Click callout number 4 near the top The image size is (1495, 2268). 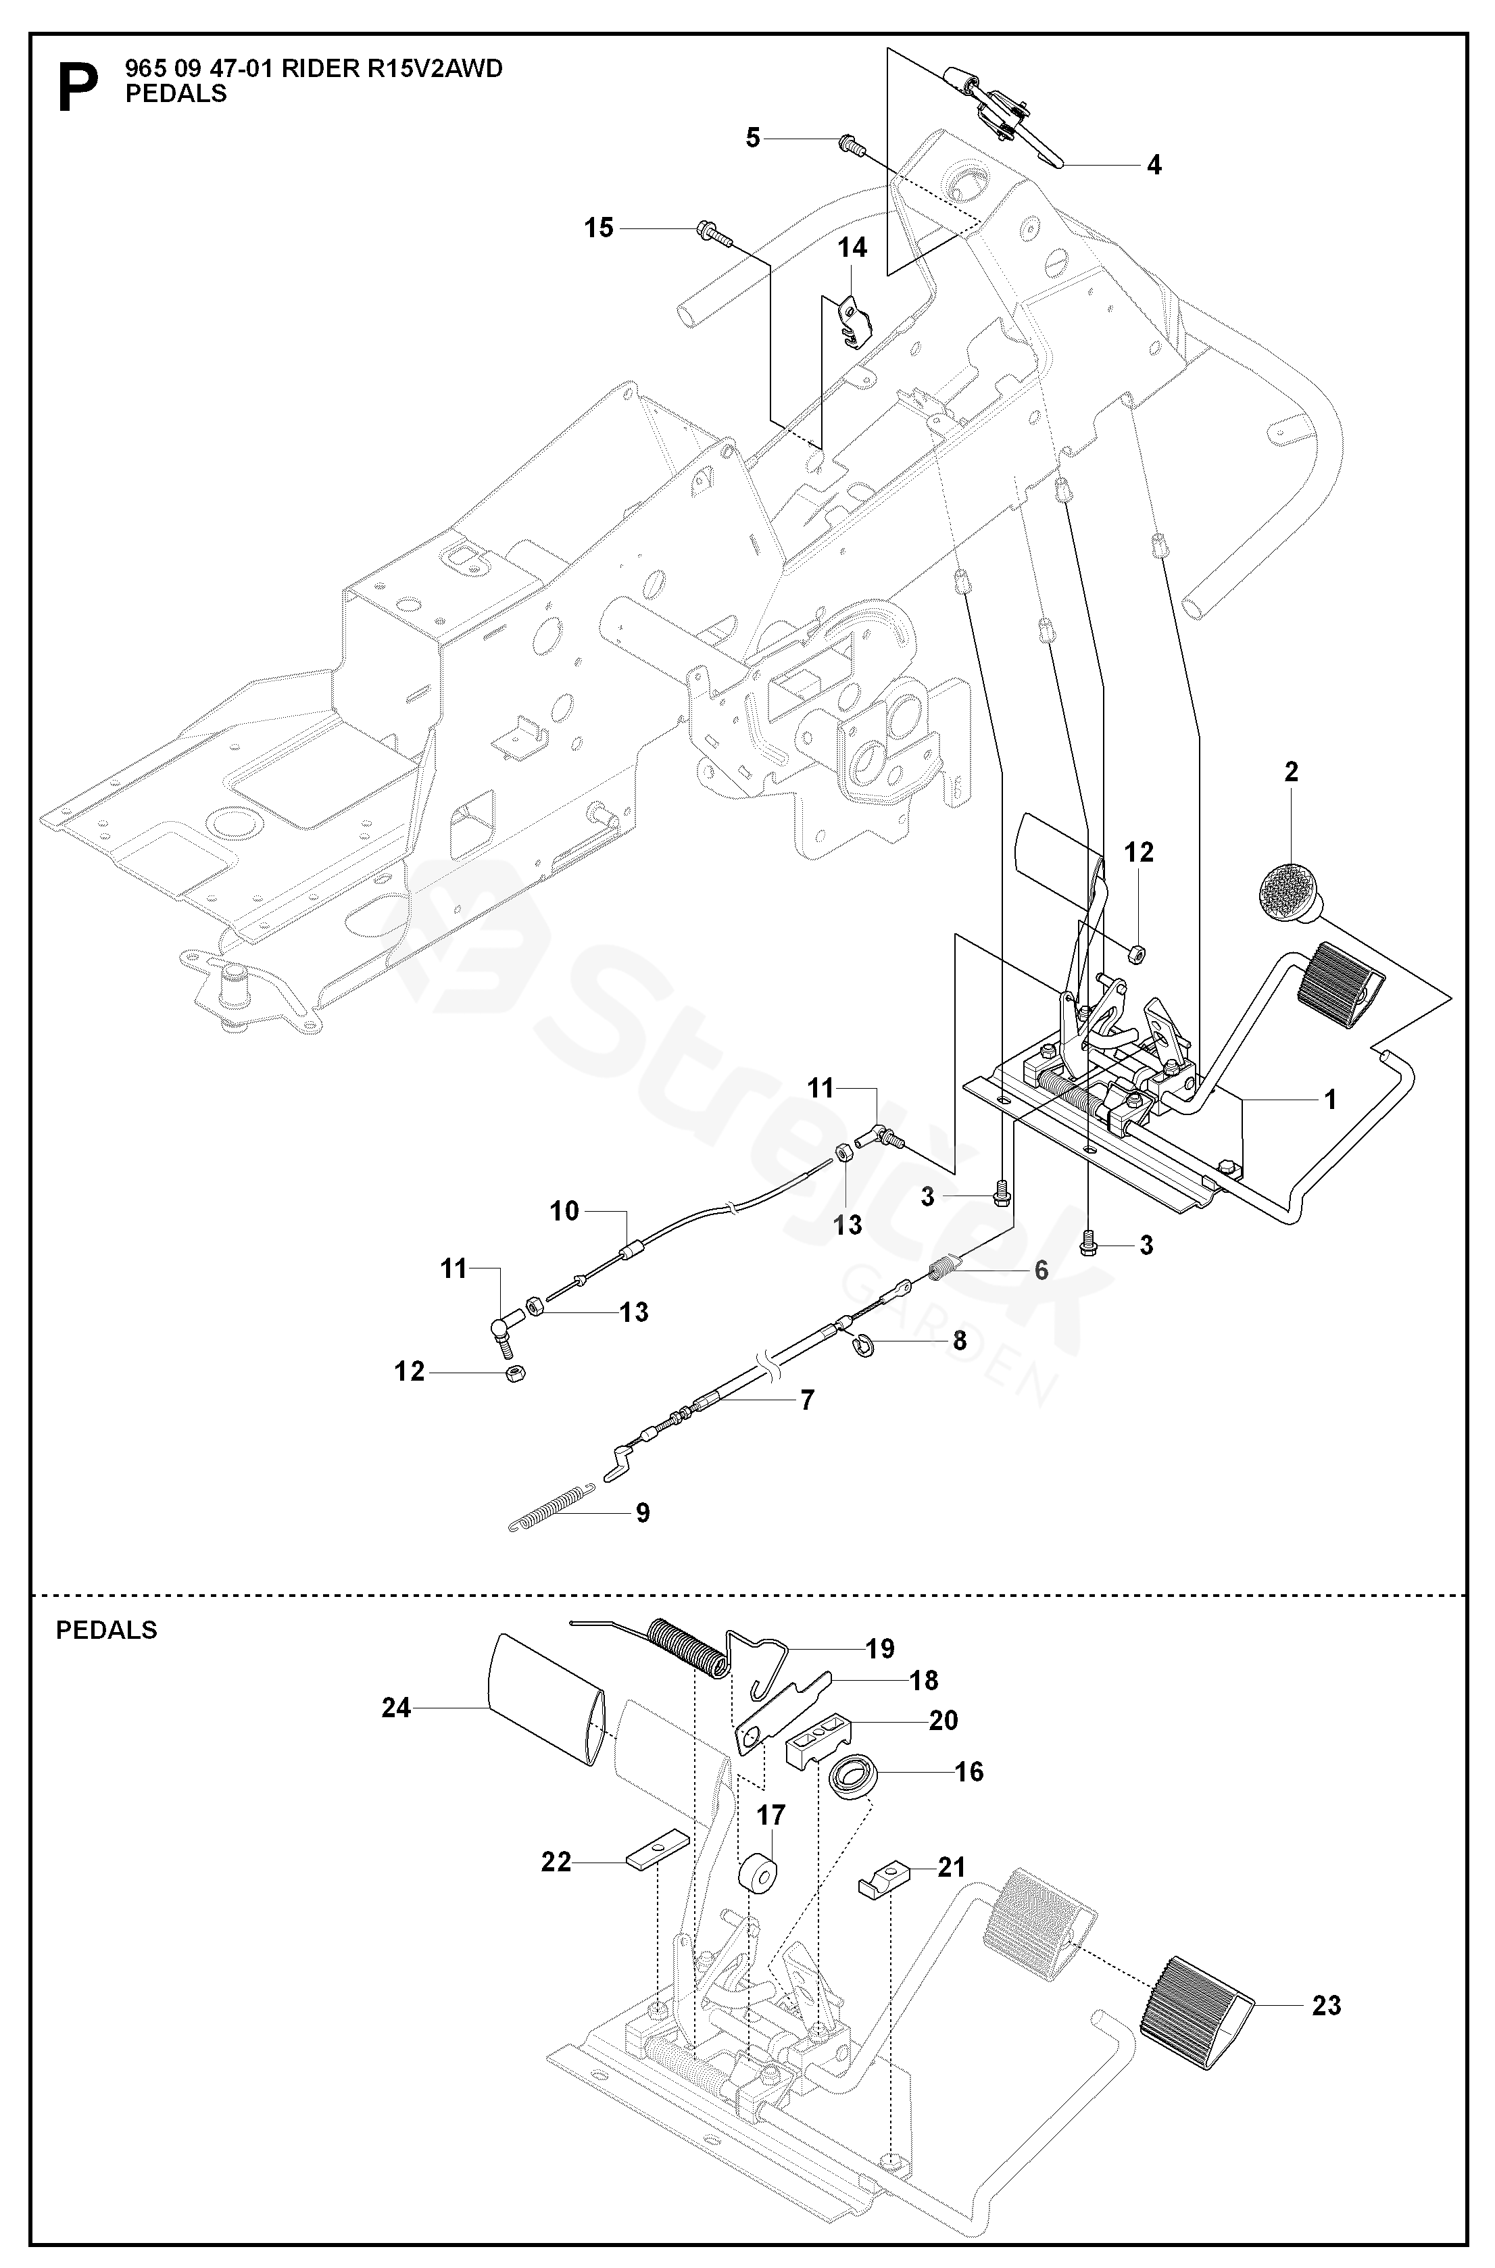(1154, 165)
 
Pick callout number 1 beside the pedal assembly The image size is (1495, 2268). (1329, 1100)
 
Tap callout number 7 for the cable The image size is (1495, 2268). (808, 1400)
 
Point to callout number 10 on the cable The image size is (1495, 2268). (564, 1211)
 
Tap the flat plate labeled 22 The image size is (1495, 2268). (657, 1861)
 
